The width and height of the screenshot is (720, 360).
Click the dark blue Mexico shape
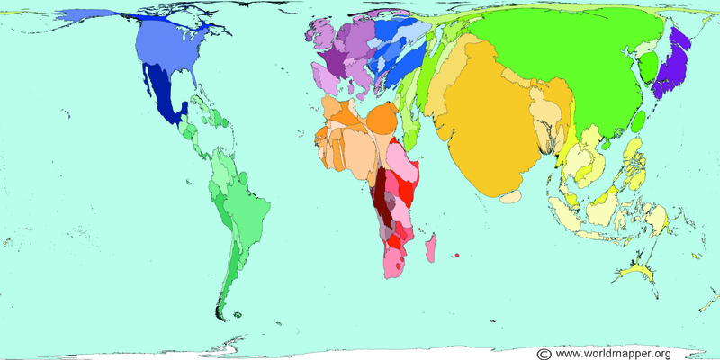[x=166, y=99]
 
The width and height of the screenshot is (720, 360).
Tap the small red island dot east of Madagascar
[x=457, y=255]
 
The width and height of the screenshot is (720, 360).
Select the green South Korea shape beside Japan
[x=646, y=65]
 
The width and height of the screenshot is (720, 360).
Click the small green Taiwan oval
[x=637, y=120]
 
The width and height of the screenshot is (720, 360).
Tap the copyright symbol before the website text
[x=544, y=353]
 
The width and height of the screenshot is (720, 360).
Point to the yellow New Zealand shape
[x=639, y=269]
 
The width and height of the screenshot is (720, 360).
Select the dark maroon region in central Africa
[x=383, y=193]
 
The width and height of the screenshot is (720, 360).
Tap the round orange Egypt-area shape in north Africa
[x=382, y=118]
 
